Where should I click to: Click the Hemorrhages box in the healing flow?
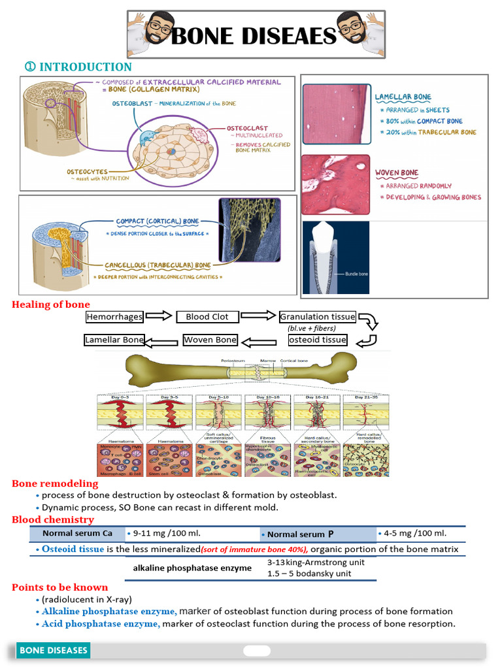[114, 317]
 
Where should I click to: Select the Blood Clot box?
[207, 317]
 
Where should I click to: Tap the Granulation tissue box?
[318, 317]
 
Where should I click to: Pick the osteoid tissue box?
[318, 340]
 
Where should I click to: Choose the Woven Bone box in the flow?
[210, 340]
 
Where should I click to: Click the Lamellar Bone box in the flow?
[114, 340]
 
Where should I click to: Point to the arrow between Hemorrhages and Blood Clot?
[159, 317]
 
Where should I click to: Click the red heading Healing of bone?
[51, 304]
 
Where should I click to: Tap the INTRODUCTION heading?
[78, 67]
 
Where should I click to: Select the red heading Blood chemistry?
[53, 520]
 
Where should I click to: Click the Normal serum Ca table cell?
[77, 534]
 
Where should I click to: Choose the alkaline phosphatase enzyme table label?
[192, 568]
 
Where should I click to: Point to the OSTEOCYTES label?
[88, 172]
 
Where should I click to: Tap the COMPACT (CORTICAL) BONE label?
[158, 221]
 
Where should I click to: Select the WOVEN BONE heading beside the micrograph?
[397, 173]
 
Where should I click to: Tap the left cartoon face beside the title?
[155, 29]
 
